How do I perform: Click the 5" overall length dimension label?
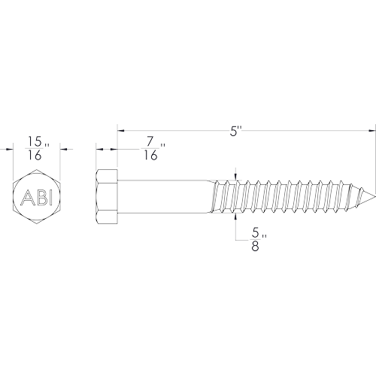click(236, 132)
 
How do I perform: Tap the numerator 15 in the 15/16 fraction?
click(35, 141)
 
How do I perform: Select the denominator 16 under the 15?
click(35, 156)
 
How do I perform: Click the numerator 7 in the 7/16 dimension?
click(150, 141)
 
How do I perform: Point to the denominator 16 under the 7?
click(150, 156)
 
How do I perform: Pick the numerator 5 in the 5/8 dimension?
click(255, 233)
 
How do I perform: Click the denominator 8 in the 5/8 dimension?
click(255, 246)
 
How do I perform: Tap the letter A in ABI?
click(26, 197)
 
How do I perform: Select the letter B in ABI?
click(41, 197)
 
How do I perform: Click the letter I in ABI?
click(51, 197)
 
